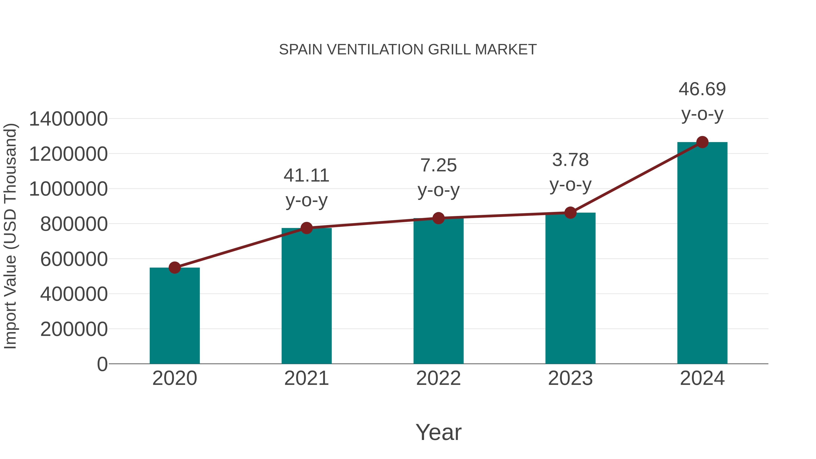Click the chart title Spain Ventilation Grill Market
click(x=408, y=50)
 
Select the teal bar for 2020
click(x=175, y=317)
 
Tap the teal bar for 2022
click(x=438, y=291)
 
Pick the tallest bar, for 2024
click(x=702, y=253)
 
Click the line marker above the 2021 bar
click(x=306, y=228)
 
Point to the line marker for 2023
click(x=570, y=213)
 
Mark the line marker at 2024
click(x=702, y=142)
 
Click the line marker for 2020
click(x=175, y=268)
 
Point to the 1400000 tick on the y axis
click(x=68, y=119)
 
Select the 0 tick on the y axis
click(x=102, y=364)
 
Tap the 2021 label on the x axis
click(x=306, y=379)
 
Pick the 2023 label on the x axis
click(x=570, y=379)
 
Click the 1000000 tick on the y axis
click(x=68, y=189)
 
